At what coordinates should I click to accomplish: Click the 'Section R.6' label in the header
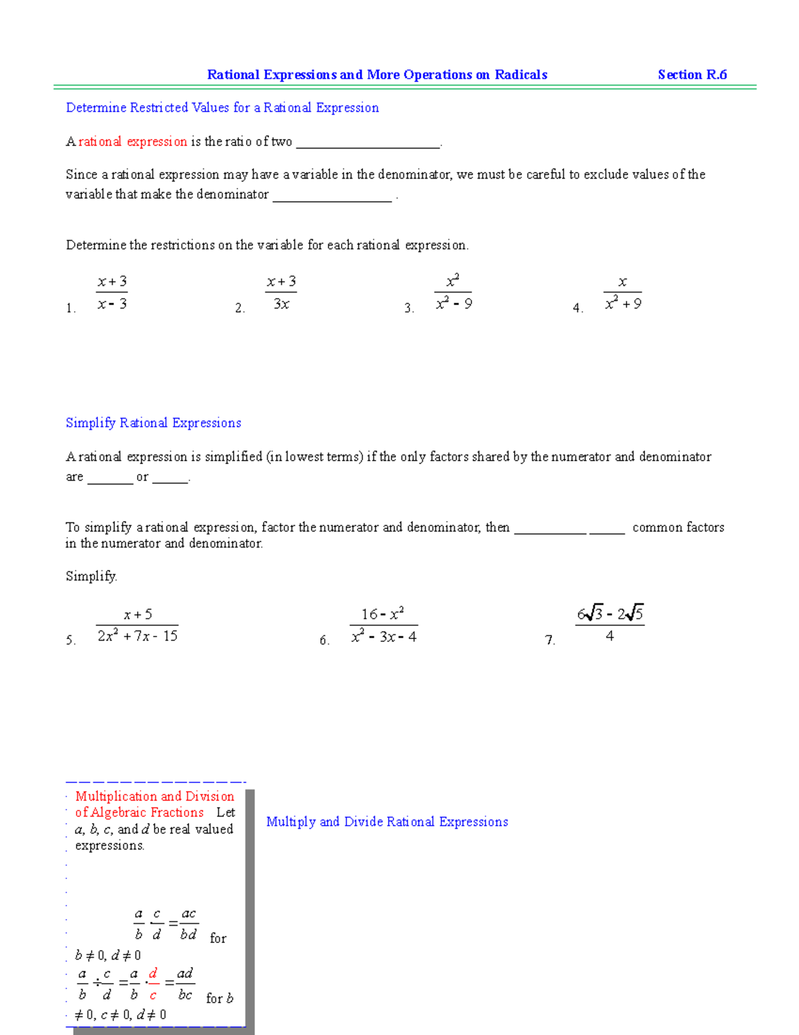coord(692,75)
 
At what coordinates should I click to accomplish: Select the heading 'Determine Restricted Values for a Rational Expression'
coord(222,108)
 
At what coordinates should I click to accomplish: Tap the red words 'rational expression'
coord(133,141)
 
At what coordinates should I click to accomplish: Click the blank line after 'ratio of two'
coord(368,143)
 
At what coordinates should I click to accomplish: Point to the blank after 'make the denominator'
coord(332,197)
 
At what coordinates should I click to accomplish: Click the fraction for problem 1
coord(112,293)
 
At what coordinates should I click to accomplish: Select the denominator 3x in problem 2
coord(281,304)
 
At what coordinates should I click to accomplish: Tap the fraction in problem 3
coord(453,293)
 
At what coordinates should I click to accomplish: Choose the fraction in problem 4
coord(623,293)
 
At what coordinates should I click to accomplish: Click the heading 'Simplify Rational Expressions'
coord(153,423)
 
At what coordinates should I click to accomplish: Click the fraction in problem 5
coord(137,625)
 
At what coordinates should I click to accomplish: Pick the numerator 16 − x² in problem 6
coord(383,614)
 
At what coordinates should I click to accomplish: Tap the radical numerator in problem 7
coord(610,613)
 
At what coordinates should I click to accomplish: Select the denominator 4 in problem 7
coord(610,636)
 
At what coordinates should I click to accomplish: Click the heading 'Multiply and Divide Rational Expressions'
coord(387,822)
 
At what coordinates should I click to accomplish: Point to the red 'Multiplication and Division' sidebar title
coord(154,796)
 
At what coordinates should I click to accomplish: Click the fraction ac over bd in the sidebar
coord(188,924)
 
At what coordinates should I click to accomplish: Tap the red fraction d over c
coord(153,984)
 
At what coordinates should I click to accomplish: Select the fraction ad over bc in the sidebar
coord(185,984)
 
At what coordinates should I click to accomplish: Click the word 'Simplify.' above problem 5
coord(91,576)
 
